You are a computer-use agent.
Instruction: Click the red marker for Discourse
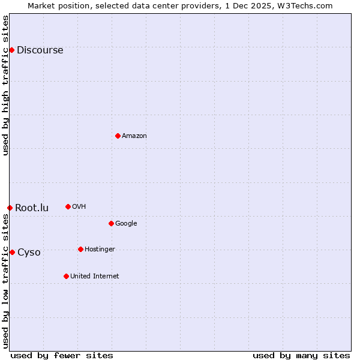[11, 50]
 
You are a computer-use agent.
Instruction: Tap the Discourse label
[40, 50]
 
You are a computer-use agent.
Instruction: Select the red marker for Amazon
[118, 136]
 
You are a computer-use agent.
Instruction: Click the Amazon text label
[134, 136]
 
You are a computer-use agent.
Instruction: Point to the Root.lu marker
[10, 208]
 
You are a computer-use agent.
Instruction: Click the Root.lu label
[32, 208]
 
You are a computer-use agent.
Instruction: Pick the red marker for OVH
[68, 206]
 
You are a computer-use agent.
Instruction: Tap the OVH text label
[79, 207]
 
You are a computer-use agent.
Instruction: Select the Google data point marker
[111, 223]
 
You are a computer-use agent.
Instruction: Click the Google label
[126, 224]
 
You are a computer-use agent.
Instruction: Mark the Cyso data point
[12, 252]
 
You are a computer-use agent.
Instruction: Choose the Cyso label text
[29, 253]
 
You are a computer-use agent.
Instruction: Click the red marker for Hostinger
[80, 249]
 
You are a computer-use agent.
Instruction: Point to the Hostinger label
[100, 250]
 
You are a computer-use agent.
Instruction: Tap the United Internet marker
[66, 276]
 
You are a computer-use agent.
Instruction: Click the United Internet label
[94, 277]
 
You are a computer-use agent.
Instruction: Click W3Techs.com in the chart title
[308, 5]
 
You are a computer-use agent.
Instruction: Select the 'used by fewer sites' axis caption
[62, 355]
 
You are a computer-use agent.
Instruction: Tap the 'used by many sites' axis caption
[301, 355]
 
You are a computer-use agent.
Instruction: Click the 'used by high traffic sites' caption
[6, 85]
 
